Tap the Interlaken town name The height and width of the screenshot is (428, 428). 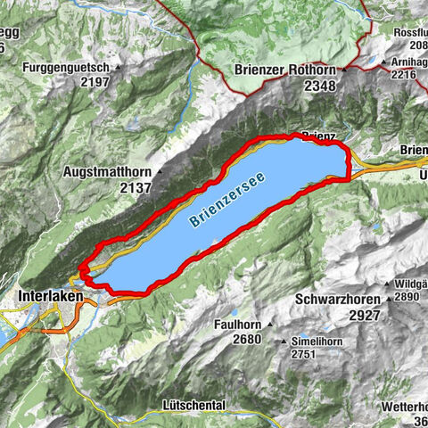tap(50, 296)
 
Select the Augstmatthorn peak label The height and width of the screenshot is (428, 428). tap(108, 170)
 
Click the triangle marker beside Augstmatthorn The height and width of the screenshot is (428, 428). tap(159, 171)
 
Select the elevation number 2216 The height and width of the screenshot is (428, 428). tap(397, 76)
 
